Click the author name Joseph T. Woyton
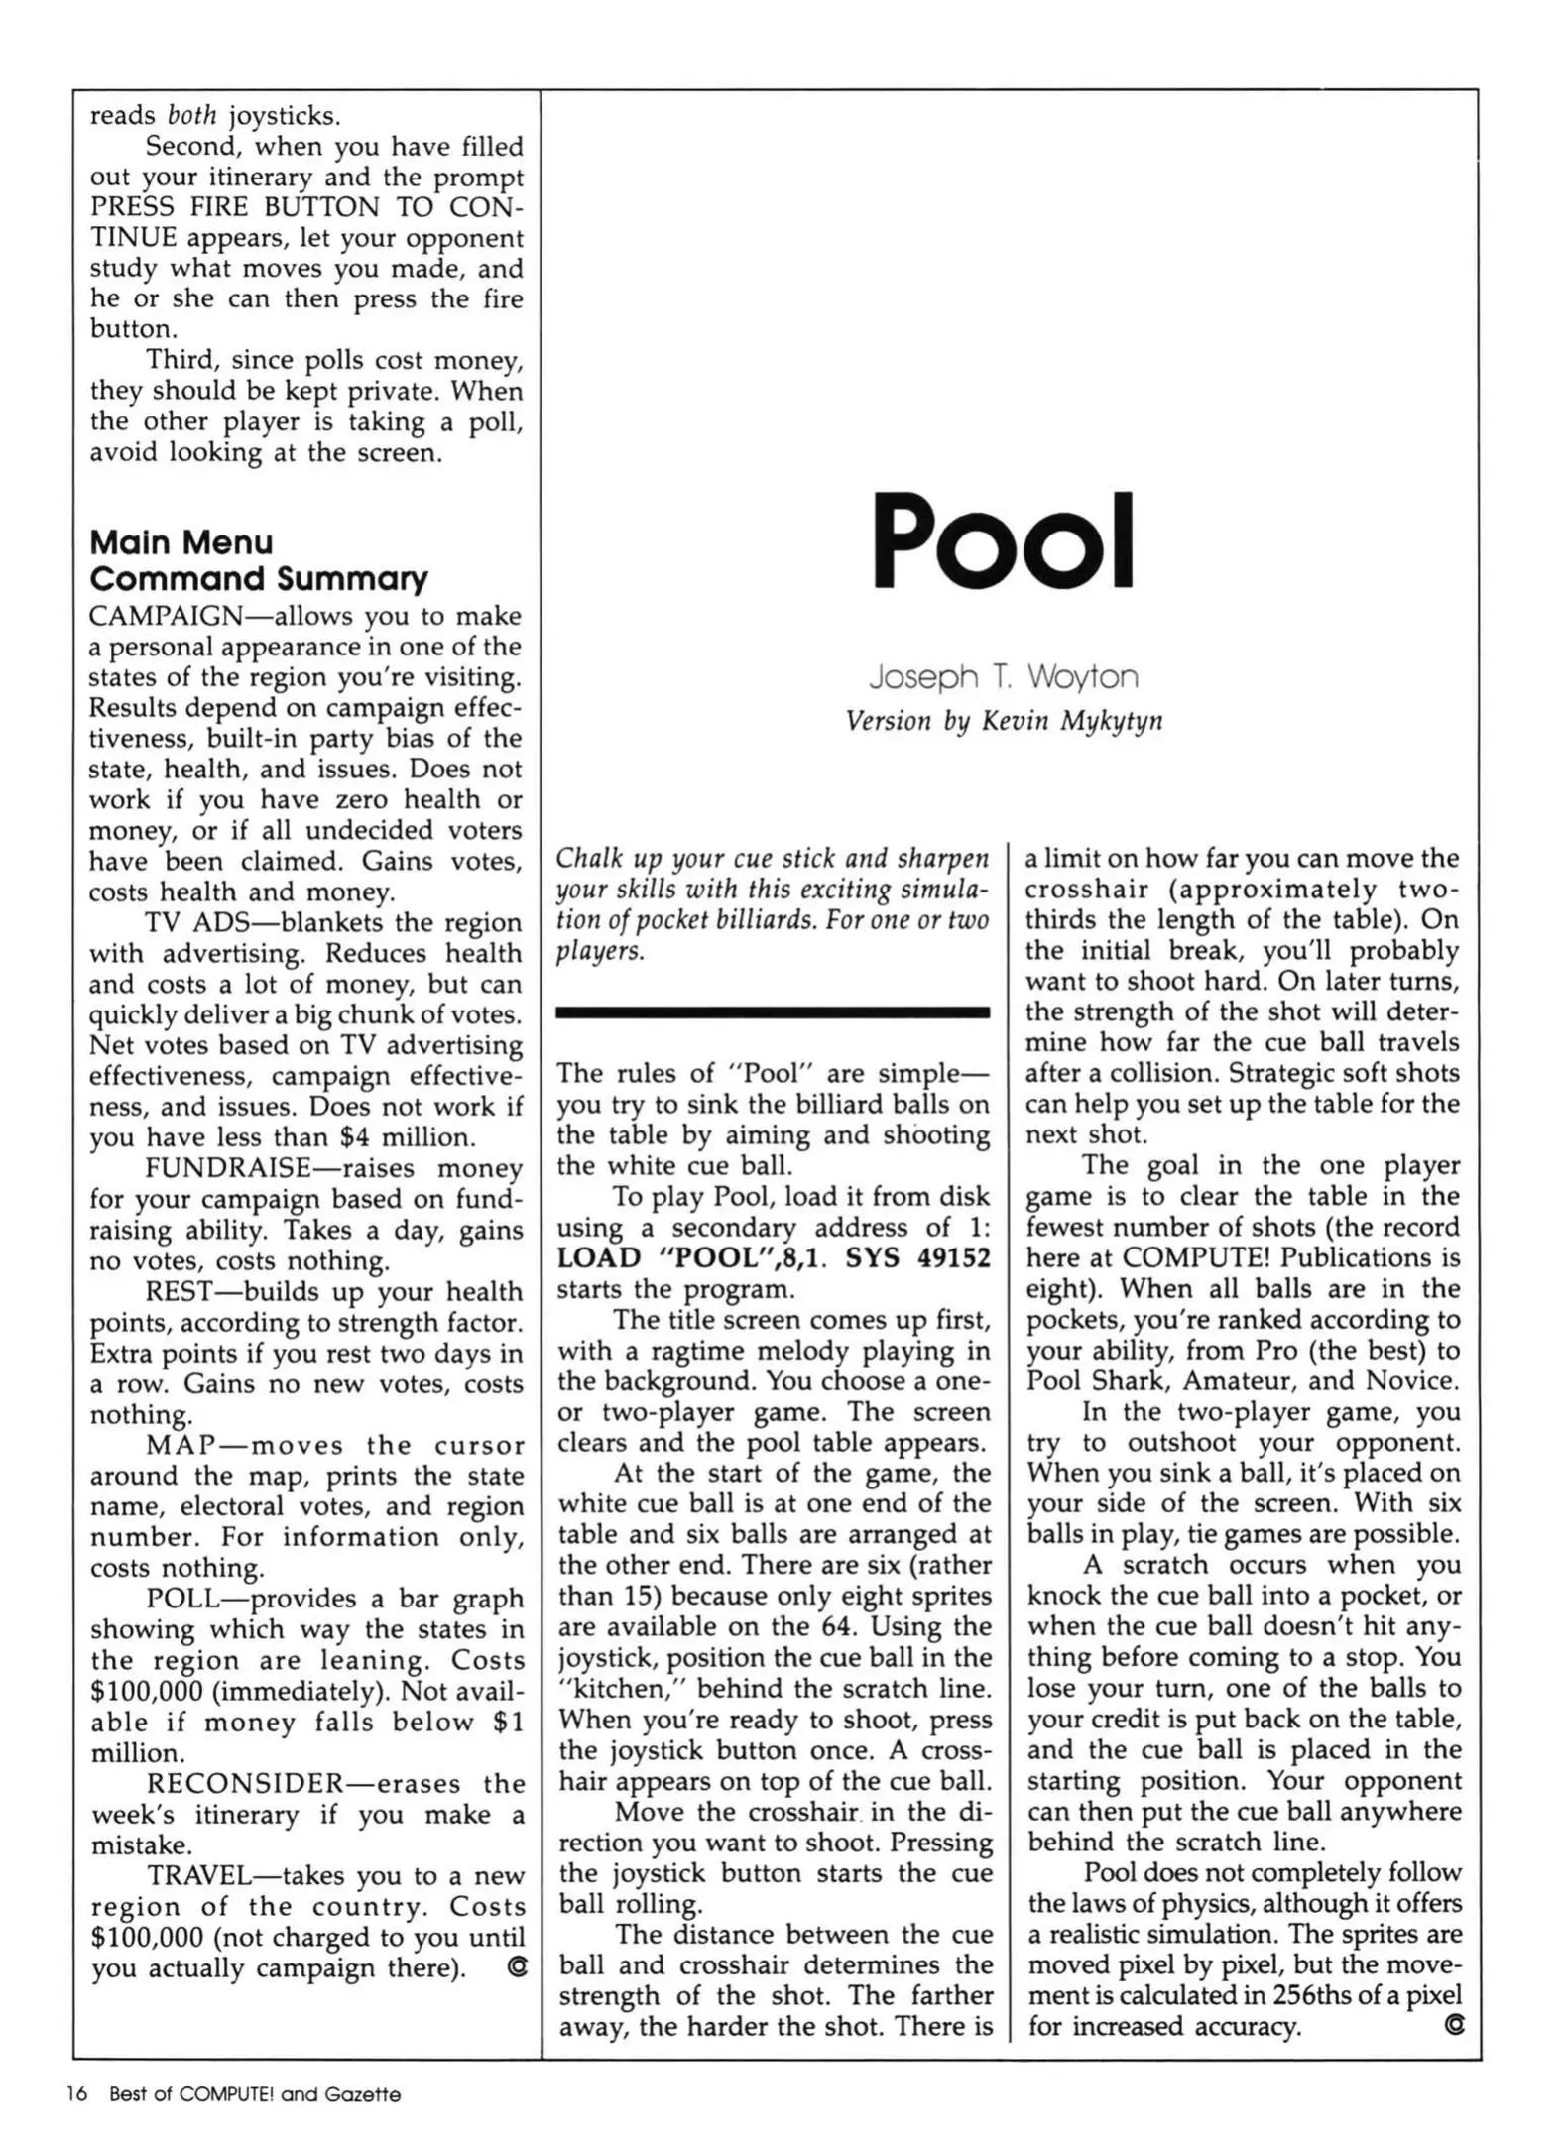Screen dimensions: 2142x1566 1003,677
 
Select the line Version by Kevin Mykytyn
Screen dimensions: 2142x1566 1003,721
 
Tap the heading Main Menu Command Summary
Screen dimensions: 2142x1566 259,560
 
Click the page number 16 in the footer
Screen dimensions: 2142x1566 76,2094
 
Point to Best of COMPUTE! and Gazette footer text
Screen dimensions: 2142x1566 255,2094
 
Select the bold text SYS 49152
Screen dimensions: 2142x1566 917,1258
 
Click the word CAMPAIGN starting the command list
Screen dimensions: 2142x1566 166,616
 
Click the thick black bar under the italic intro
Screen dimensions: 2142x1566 773,1012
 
